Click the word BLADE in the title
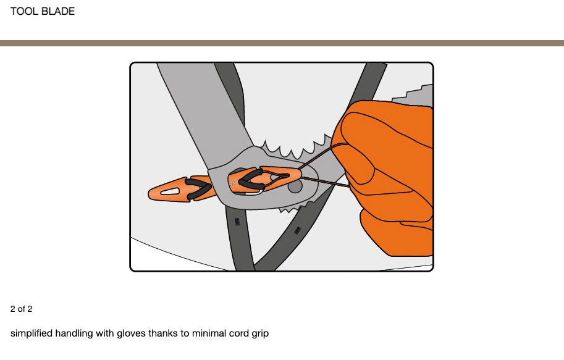click(58, 11)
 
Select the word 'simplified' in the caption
click(31, 333)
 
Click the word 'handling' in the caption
click(74, 333)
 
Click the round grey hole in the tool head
click(295, 185)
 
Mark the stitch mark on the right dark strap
click(298, 230)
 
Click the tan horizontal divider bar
click(282, 43)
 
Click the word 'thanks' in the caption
click(164, 333)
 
